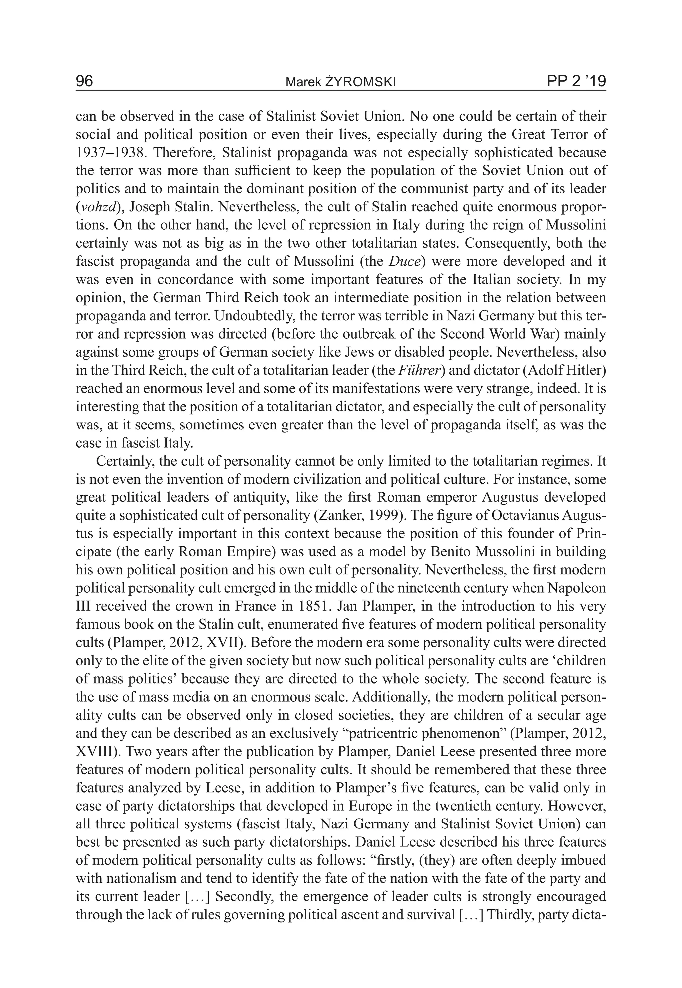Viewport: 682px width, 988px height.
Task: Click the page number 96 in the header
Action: click(84, 81)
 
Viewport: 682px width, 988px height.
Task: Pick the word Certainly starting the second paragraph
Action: click(125, 462)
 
